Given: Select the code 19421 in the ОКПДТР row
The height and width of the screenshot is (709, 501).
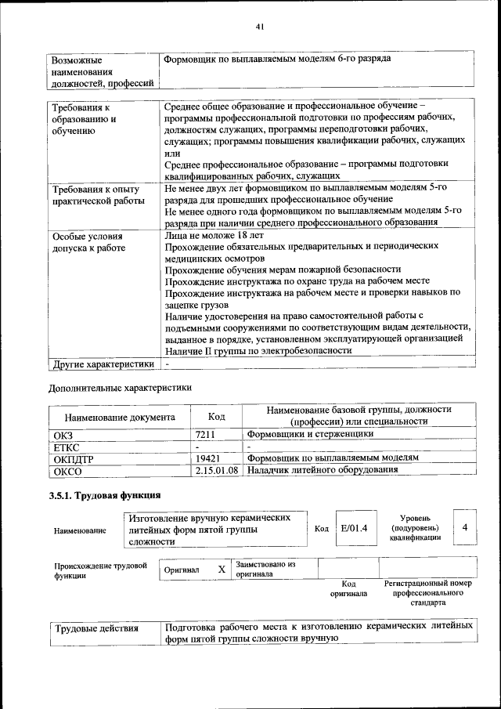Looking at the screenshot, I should (x=208, y=458).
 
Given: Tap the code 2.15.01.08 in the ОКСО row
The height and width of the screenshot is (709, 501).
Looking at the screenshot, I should (x=217, y=470).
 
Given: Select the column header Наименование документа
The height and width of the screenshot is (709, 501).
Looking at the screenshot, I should (x=120, y=418).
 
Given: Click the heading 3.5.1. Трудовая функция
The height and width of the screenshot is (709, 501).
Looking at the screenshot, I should (x=105, y=496).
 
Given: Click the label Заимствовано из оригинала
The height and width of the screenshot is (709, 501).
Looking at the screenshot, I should (x=265, y=569).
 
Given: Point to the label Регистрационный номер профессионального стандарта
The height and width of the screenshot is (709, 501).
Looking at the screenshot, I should (x=427, y=594).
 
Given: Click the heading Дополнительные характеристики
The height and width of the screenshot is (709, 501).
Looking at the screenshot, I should (x=120, y=387).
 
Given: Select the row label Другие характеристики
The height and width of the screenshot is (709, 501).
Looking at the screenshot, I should (x=103, y=364).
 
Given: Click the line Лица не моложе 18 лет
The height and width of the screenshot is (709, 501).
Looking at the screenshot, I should (x=214, y=234).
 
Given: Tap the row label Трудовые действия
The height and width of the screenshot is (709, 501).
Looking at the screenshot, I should (x=96, y=628).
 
